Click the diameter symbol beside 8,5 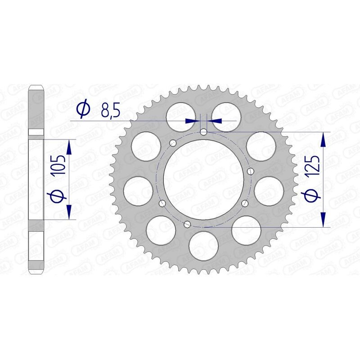[x=84, y=109]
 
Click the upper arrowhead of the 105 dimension [x=69, y=146]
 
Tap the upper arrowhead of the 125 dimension [x=323, y=139]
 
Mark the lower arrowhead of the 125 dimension [x=323, y=220]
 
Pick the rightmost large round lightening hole [x=269, y=189]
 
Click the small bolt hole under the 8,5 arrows [x=204, y=132]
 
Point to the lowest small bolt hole [x=188, y=224]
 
